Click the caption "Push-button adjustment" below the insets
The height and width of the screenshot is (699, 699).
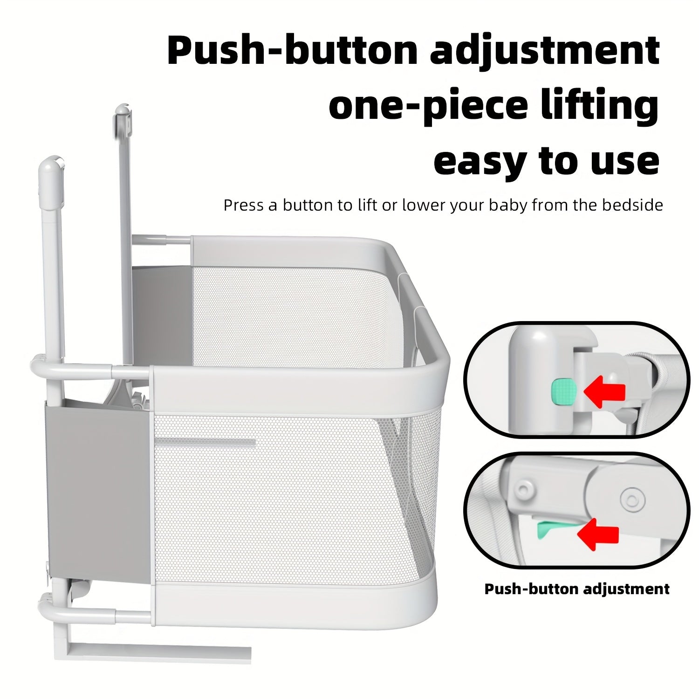(x=577, y=589)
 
